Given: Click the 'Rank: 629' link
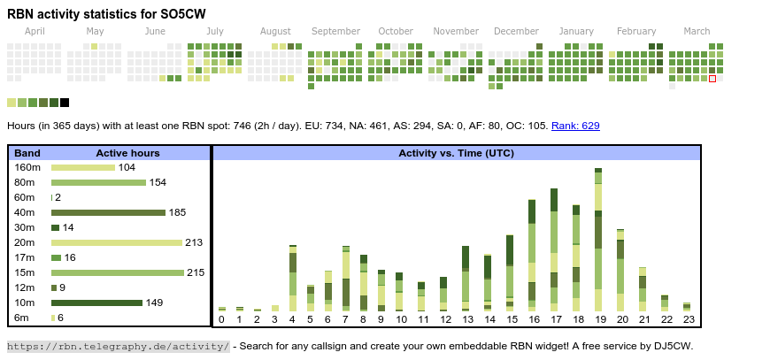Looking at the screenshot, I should pyautogui.click(x=575, y=126).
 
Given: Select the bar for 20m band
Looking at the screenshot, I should pyautogui.click(x=117, y=242).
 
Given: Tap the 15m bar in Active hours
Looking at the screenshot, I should pyautogui.click(x=118, y=272).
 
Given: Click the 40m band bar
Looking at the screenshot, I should pyautogui.click(x=108, y=212).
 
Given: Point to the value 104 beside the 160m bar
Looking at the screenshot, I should pyautogui.click(x=127, y=167).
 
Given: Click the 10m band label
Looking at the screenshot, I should pyautogui.click(x=25, y=303).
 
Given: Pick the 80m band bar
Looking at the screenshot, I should pyautogui.click(x=98, y=182).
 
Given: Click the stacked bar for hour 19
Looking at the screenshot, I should pyautogui.click(x=598, y=239).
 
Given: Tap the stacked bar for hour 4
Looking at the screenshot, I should pyautogui.click(x=293, y=278).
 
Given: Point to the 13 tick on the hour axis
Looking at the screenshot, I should pyautogui.click(x=467, y=319).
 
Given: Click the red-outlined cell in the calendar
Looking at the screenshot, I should pyautogui.click(x=712, y=79).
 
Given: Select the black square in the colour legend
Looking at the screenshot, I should pyautogui.click(x=65, y=103).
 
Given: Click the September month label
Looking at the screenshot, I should pyautogui.click(x=335, y=31).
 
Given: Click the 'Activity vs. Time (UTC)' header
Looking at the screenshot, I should pyautogui.click(x=457, y=153).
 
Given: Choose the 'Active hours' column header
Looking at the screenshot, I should pyautogui.click(x=127, y=153).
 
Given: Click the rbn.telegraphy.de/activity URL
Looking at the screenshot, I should pyautogui.click(x=119, y=346).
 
